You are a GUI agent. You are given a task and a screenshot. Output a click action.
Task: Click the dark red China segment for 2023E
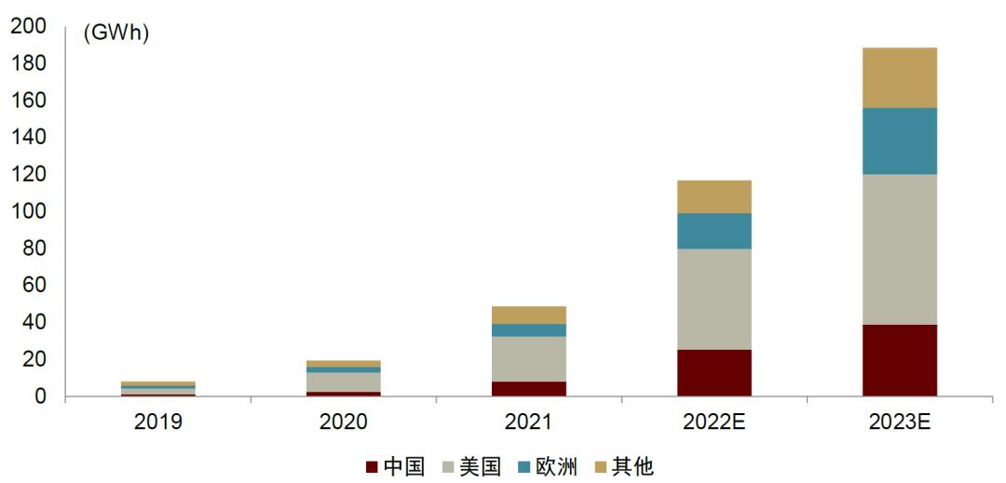point(899,360)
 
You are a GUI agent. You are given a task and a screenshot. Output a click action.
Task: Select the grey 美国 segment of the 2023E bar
point(899,249)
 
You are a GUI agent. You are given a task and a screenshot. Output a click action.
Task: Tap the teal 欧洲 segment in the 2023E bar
point(899,141)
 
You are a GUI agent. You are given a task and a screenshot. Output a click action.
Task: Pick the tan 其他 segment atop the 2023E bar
point(899,77)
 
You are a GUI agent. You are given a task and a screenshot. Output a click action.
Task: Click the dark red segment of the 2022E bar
point(714,373)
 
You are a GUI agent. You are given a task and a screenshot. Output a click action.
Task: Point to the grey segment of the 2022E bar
point(714,299)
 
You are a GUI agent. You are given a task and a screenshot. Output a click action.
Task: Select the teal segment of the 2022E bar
point(714,231)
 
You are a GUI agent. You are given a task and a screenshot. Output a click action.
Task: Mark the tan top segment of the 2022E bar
point(714,196)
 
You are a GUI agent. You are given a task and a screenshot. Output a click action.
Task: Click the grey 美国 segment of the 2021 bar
point(529,358)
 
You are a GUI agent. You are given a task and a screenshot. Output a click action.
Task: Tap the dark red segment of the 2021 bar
point(529,389)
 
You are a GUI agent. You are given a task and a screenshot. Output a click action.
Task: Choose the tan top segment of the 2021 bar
point(529,315)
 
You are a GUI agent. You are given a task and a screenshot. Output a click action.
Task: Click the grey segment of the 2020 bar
point(344,382)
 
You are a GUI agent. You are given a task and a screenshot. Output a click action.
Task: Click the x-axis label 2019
point(158,422)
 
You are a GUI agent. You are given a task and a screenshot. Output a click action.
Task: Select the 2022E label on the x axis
point(714,422)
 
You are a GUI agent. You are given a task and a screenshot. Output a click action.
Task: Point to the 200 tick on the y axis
point(28,27)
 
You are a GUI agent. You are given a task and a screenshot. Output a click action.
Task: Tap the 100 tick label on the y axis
point(28,211)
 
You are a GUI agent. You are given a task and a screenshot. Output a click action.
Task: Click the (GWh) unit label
point(116,34)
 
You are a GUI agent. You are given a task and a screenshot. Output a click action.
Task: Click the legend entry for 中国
point(395,466)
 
